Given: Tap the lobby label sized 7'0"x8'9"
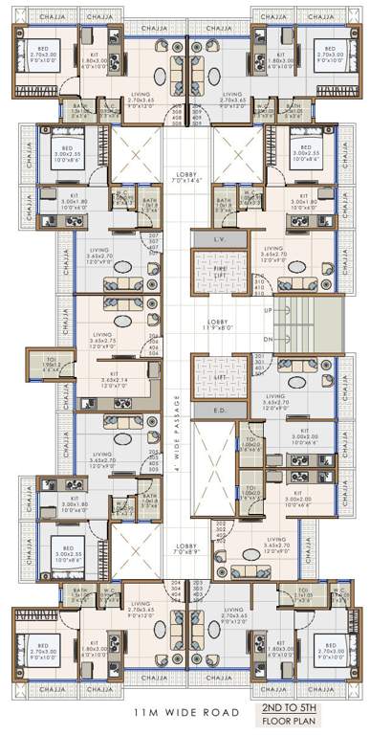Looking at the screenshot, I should pyautogui.click(x=188, y=550).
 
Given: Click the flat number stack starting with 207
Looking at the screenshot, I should pyautogui.click(x=154, y=241).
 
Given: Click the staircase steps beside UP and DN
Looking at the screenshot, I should pyautogui.click(x=316, y=325).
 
